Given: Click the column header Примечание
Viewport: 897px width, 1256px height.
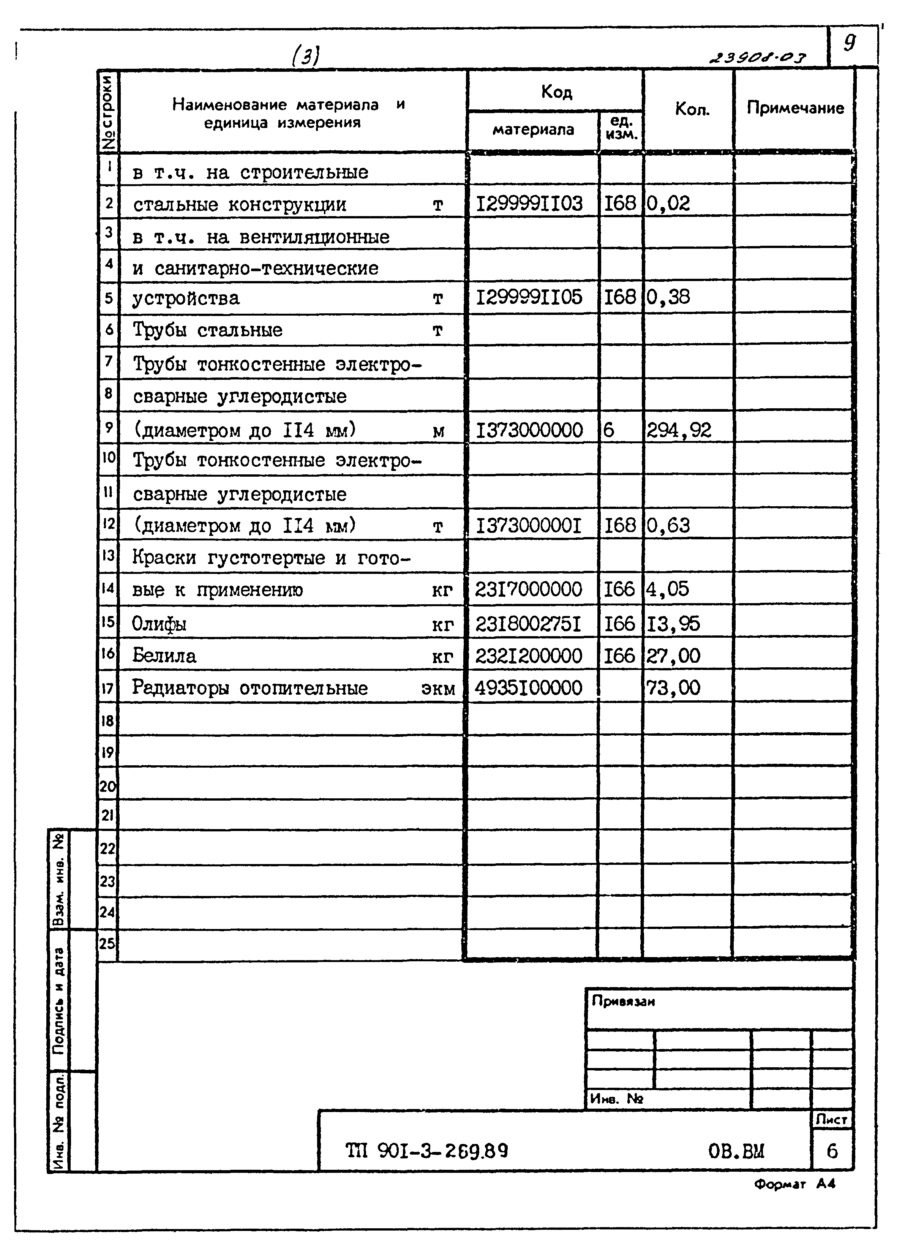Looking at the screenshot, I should [x=795, y=108].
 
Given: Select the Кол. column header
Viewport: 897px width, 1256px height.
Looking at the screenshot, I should [x=692, y=109].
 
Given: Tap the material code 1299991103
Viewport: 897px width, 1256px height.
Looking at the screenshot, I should [x=529, y=204].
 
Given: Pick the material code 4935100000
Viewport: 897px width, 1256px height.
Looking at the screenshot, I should [x=528, y=688].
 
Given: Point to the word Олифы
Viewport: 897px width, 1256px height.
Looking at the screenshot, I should [x=159, y=624].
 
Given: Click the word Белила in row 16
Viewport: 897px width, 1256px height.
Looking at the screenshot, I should [x=164, y=656].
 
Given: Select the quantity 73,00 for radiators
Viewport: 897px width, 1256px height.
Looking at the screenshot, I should [x=673, y=688].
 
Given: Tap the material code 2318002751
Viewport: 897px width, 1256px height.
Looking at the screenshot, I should [x=528, y=624].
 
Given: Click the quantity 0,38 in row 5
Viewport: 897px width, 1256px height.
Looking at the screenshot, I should [x=668, y=298].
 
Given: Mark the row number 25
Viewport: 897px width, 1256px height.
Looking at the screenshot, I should [x=107, y=943].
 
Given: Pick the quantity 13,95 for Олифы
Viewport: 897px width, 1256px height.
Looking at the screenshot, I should [x=673, y=624].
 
